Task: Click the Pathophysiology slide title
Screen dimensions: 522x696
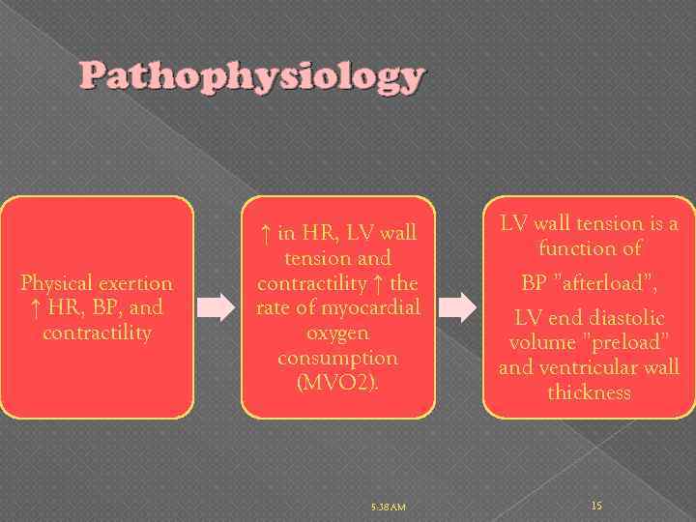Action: click(251, 76)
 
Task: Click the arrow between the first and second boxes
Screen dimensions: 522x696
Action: click(221, 307)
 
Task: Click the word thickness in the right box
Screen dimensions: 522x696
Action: click(589, 392)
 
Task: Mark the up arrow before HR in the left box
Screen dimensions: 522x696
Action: click(36, 308)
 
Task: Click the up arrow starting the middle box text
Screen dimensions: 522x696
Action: click(265, 233)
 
